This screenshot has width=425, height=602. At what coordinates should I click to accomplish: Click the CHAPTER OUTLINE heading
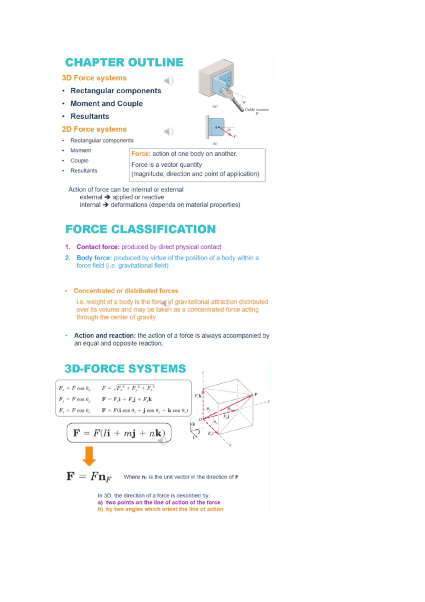coord(124,62)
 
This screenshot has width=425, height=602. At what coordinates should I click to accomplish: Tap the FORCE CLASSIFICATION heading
coord(140,229)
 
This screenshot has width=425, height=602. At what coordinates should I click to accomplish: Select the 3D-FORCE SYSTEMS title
coord(125,369)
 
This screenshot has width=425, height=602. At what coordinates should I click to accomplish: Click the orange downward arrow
coord(89,456)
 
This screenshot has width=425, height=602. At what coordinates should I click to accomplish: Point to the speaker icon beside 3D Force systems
coord(169,81)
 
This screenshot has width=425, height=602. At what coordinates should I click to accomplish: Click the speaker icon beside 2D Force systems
coord(169,132)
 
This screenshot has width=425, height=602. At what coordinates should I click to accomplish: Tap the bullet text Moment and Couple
coord(106,104)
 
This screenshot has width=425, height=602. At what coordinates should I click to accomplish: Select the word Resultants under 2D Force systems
coord(84,171)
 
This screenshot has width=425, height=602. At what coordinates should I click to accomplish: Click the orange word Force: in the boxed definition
coord(141,154)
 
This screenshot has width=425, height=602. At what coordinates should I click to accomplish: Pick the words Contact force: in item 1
coord(98,247)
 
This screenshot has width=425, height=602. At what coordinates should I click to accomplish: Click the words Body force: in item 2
coord(94,258)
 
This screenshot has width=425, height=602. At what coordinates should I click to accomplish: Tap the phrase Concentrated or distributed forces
coord(126,291)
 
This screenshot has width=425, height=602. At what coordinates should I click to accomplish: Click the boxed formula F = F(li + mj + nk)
coord(119,433)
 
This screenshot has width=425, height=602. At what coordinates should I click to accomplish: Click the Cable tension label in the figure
coord(256,110)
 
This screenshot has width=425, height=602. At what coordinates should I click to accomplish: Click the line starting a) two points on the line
coord(159,502)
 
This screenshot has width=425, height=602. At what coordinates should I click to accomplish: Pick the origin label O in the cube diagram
coord(200,419)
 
